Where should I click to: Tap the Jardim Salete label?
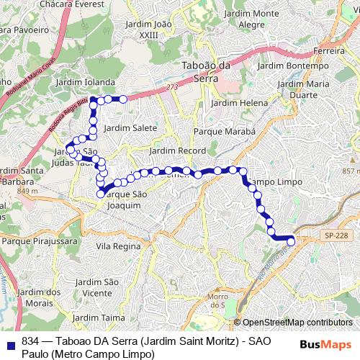130,127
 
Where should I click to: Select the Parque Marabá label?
225,132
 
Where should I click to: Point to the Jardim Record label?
177,151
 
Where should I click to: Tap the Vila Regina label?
117,246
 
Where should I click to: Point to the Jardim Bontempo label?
292,66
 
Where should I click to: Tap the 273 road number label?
171,87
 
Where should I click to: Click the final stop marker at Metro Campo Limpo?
291,242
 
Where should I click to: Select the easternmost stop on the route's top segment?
123,99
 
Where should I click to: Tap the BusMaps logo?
325,343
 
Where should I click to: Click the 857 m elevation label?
350,171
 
